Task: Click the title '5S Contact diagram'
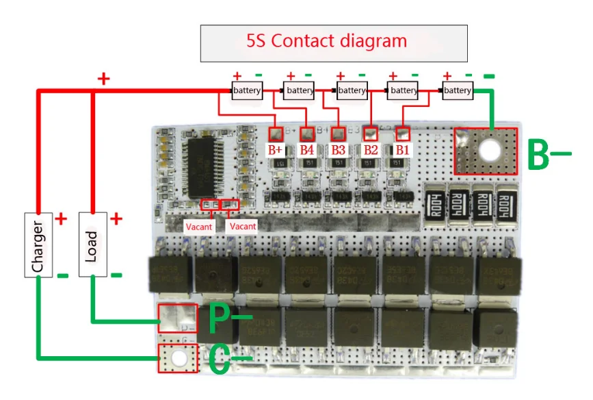click(326, 41)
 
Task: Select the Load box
click(92, 245)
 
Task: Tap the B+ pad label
click(276, 149)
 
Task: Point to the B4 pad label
click(307, 149)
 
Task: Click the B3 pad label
click(339, 149)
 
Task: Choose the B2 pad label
click(371, 149)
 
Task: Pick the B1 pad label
click(403, 149)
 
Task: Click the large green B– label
click(548, 154)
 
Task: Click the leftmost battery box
click(247, 90)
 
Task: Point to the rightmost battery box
click(458, 90)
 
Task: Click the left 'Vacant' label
click(198, 226)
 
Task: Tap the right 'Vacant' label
click(242, 226)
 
